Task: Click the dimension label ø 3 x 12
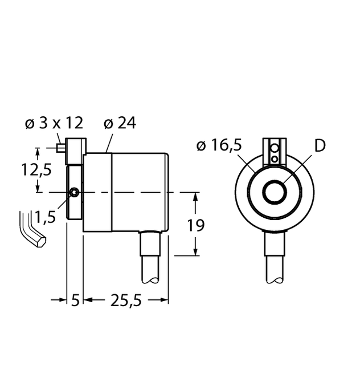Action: click(55, 124)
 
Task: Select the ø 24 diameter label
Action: click(120, 124)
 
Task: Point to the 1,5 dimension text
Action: click(46, 217)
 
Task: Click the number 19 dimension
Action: click(195, 225)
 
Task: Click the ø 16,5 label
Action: click(219, 146)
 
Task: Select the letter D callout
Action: click(320, 146)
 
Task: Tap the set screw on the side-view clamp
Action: click(75, 193)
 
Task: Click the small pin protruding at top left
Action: click(61, 148)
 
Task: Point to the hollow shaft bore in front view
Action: click(276, 193)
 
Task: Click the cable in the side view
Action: click(151, 257)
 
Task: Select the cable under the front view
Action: click(276, 257)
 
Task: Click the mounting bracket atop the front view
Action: click(275, 151)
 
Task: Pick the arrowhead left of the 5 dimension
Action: click(63, 299)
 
